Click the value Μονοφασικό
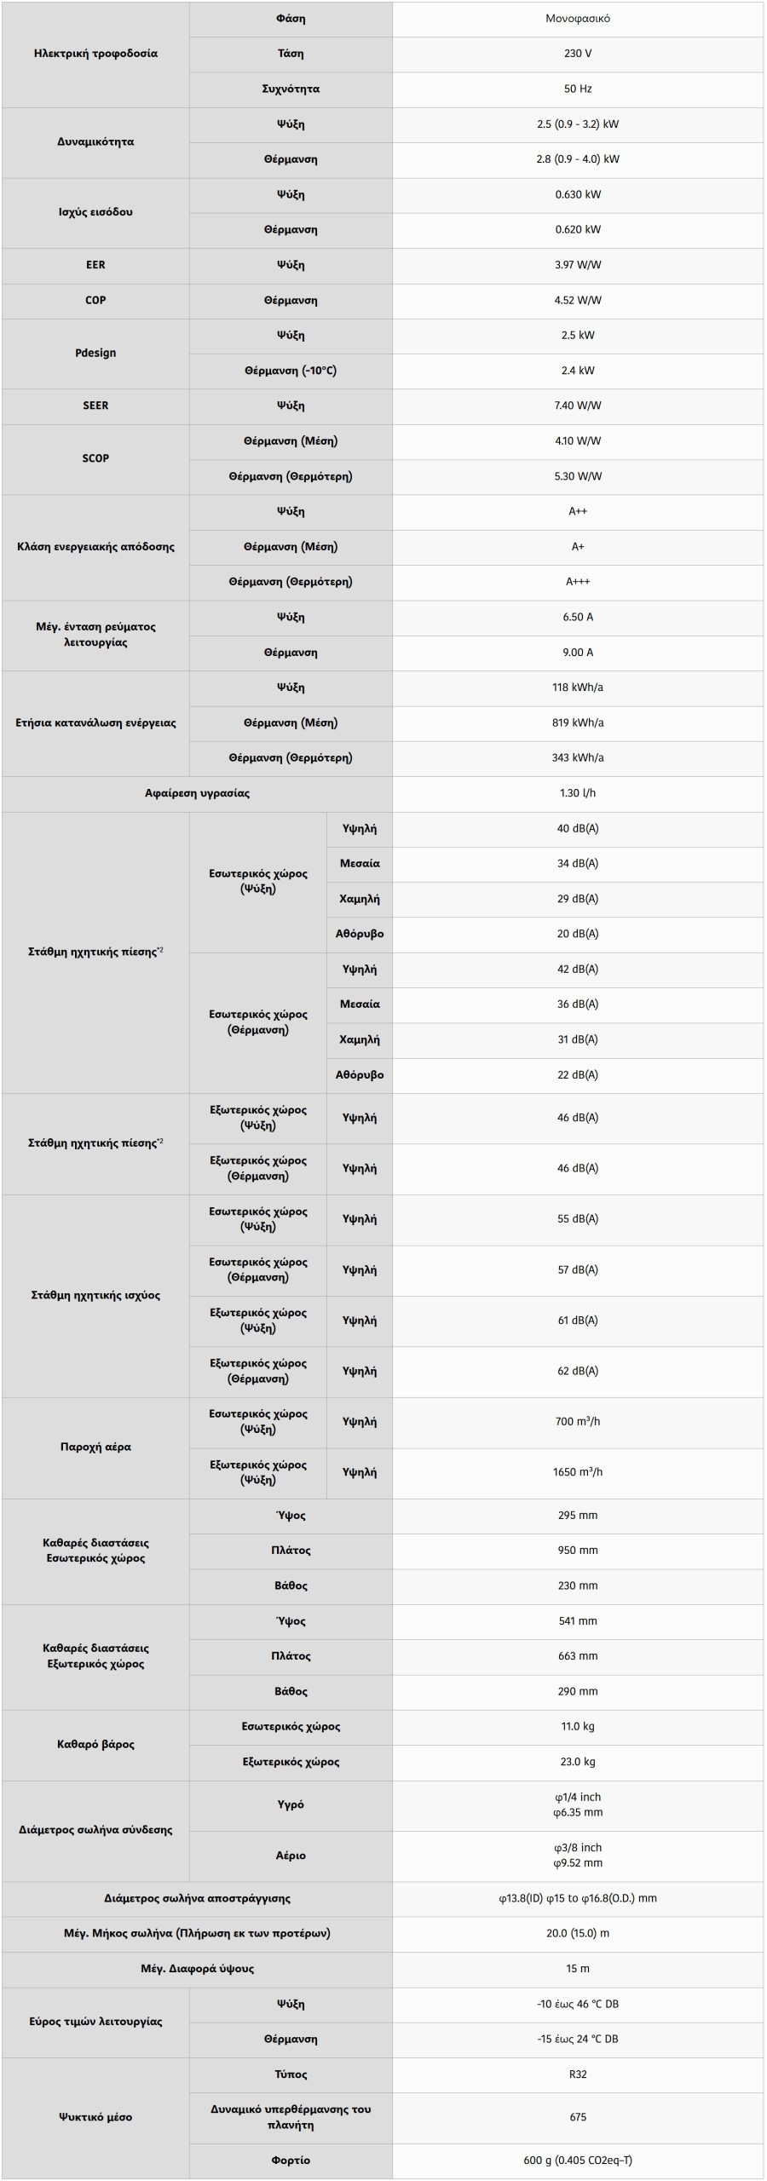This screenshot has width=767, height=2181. pos(577,19)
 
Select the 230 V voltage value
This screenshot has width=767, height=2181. pos(577,54)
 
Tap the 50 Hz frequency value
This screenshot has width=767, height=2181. pos(577,89)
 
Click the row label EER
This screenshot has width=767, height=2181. pos(95,265)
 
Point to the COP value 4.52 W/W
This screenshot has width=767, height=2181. pos(577,300)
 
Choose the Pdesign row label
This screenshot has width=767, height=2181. pos(95,353)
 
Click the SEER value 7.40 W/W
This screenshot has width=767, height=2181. pos(577,406)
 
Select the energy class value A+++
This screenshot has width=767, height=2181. pos(577,582)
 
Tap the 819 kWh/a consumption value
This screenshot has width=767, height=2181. pos(577,722)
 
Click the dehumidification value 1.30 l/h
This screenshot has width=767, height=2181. pos(577,793)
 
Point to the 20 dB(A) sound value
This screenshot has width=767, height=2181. pos(577,934)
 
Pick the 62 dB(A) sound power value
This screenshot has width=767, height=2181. pos(577,1371)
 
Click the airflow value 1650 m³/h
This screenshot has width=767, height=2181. pos(577,1471)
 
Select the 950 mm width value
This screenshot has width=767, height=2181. pos(577,1551)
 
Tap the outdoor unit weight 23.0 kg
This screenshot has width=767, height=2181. pos(577,1762)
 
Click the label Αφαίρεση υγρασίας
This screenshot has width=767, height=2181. pos(197,793)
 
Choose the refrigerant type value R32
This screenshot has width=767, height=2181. pos(577,2075)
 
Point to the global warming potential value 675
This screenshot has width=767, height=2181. pos(577,2117)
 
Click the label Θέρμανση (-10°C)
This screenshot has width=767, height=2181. pos(291,371)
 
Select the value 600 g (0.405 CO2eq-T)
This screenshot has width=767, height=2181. pos(577,2160)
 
